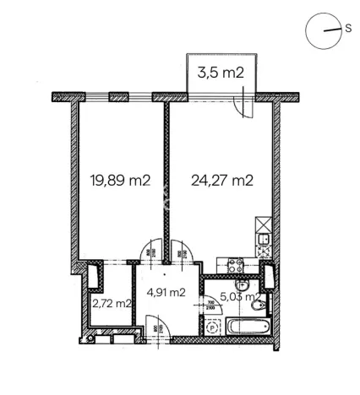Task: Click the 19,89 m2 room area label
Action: (120, 179)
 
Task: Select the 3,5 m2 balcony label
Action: (221, 73)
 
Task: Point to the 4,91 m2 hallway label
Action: (166, 293)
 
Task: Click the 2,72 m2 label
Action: (112, 303)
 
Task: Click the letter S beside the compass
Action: (347, 28)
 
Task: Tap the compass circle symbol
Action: (323, 30)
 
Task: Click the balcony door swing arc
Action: (243, 106)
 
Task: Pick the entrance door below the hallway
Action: (156, 326)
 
